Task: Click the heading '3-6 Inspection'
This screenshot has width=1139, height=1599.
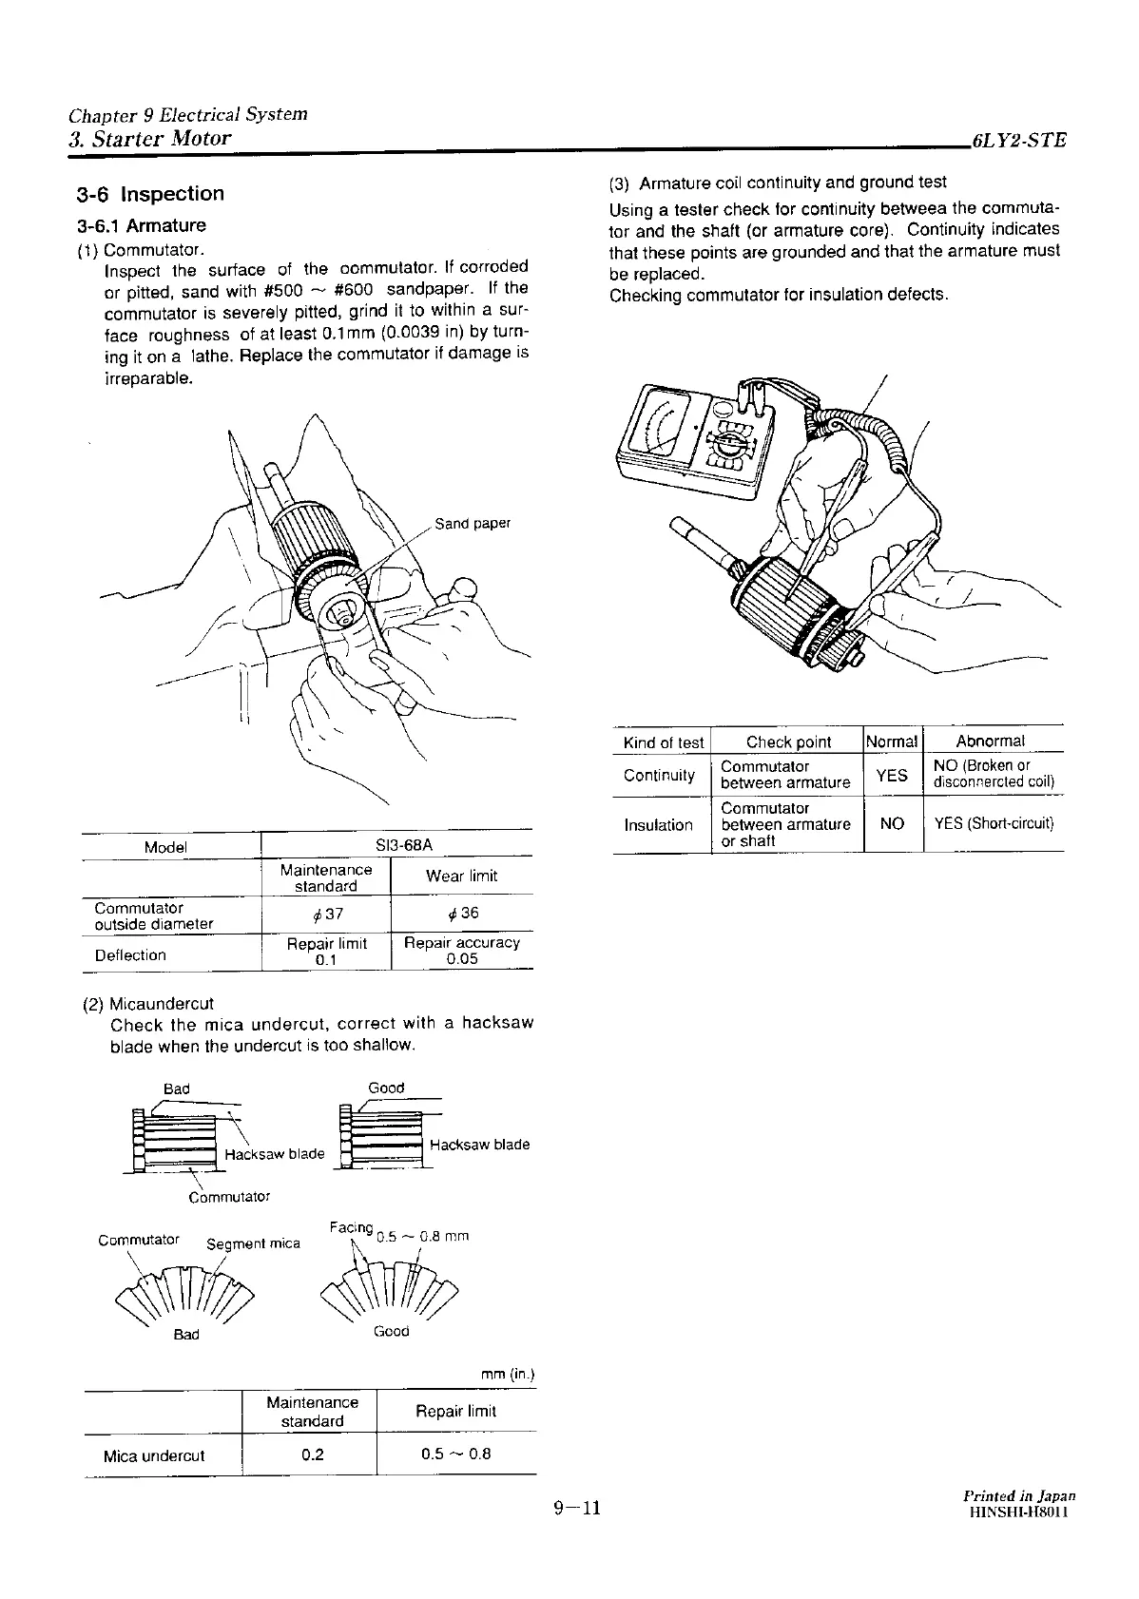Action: pos(150,194)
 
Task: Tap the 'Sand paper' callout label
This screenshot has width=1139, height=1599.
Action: pos(473,524)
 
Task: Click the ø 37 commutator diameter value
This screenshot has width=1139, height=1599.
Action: pos(327,914)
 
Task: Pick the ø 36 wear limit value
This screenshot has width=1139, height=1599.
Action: pos(462,913)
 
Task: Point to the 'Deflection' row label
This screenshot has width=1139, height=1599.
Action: pos(130,955)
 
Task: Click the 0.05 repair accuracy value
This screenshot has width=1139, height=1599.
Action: pos(462,959)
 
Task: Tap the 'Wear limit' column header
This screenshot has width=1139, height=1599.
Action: pos(461,877)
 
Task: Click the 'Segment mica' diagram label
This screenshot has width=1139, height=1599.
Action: pos(253,1243)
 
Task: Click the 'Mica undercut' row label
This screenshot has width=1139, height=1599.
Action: pos(154,1455)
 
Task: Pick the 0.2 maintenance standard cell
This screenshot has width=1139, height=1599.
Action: pos(312,1455)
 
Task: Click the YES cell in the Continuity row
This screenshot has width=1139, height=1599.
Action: pos(892,775)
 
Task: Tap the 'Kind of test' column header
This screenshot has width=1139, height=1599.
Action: pos(663,742)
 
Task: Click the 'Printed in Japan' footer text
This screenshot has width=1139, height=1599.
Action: pos(1018,1495)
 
